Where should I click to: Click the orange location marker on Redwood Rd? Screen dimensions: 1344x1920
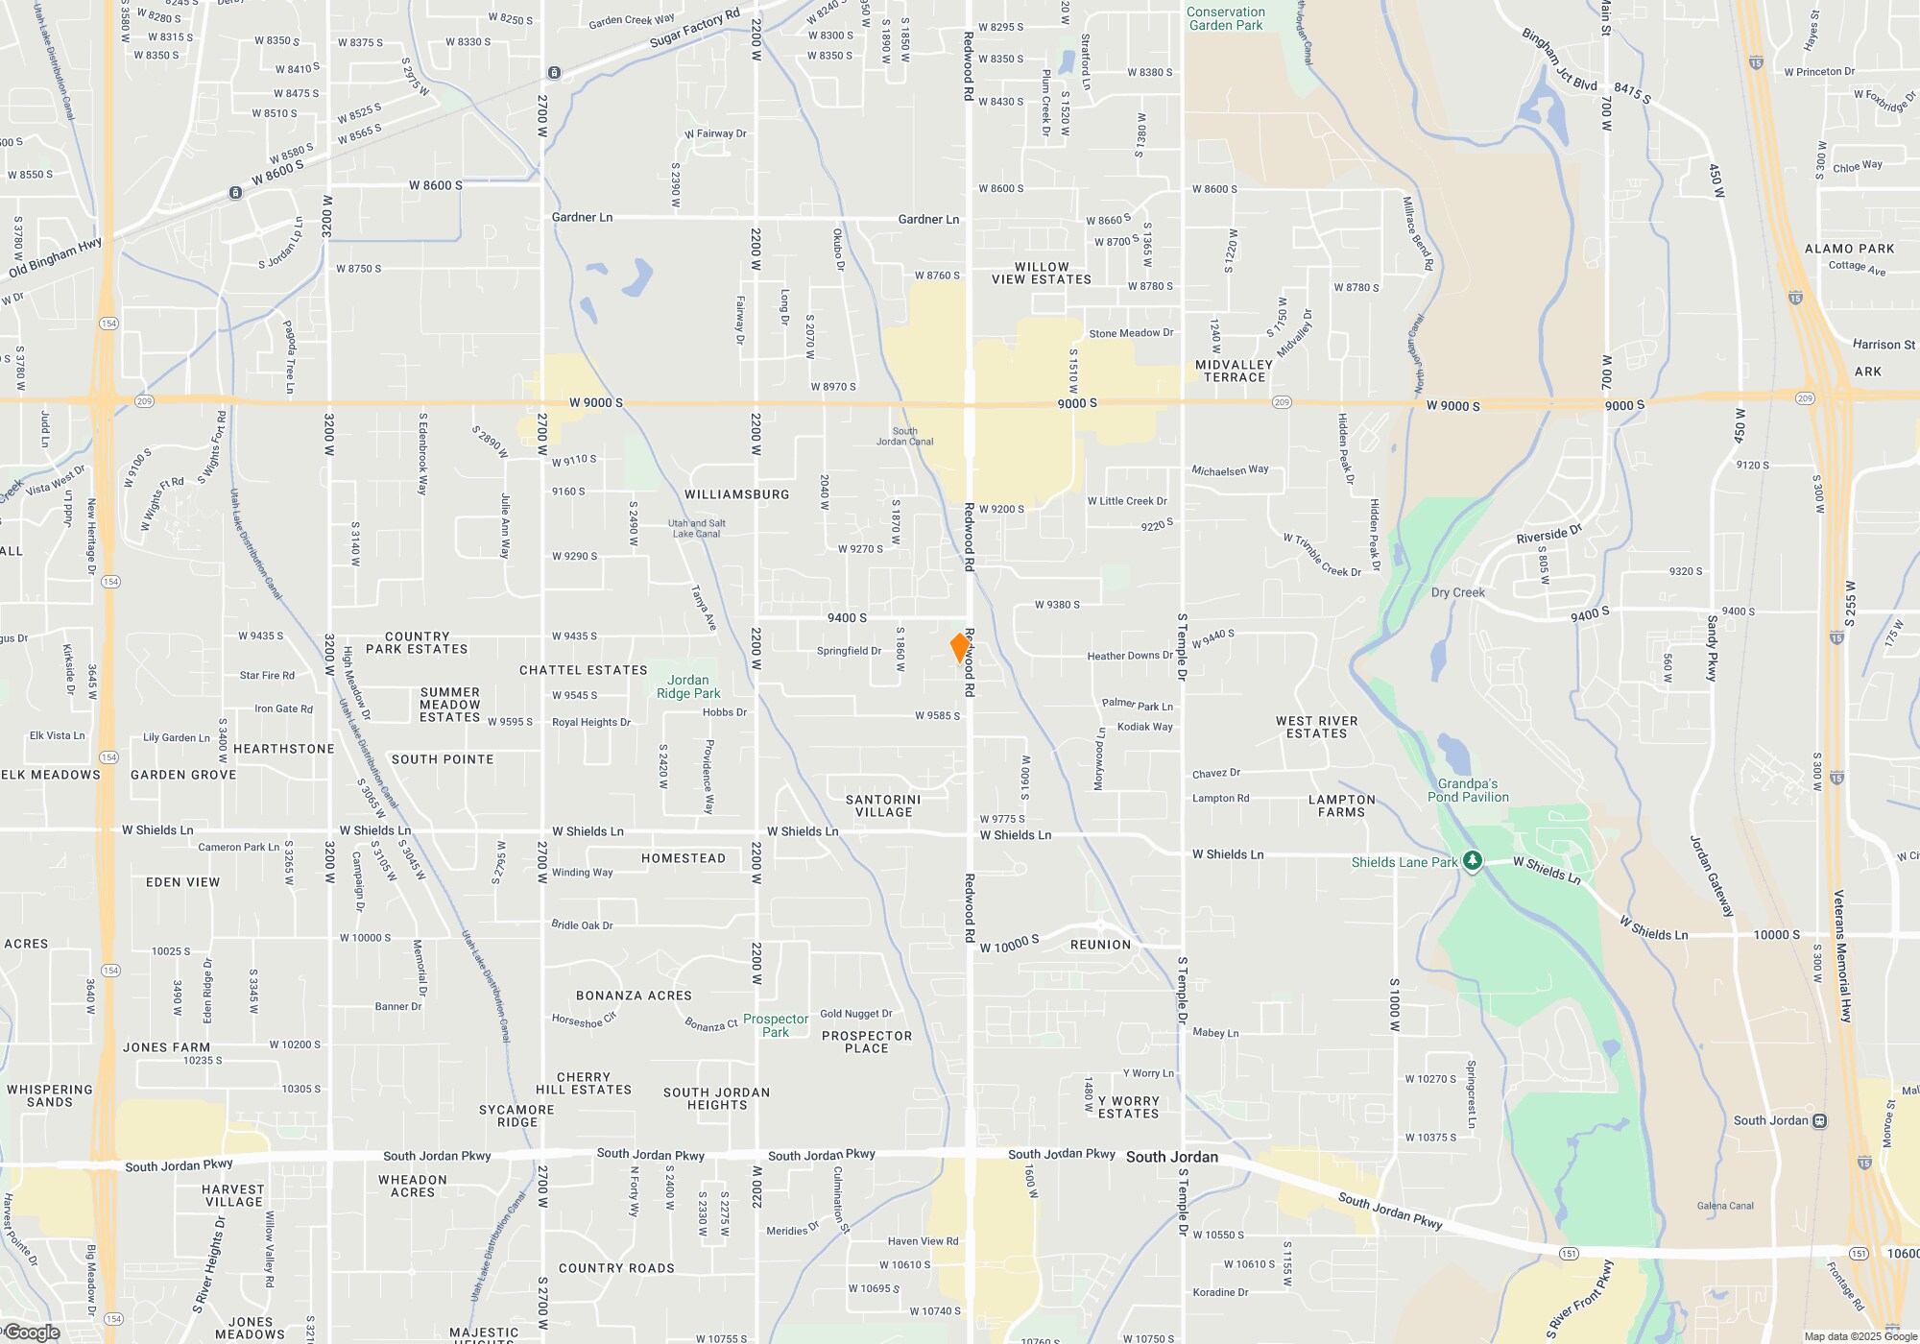(959, 647)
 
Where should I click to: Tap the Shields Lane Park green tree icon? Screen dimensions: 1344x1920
(1472, 861)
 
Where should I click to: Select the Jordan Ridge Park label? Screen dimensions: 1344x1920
(688, 686)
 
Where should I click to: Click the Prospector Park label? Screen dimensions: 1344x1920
(776, 1025)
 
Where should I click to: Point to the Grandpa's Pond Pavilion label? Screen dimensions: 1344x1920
(1468, 790)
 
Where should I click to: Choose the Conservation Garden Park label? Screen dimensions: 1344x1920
(1226, 18)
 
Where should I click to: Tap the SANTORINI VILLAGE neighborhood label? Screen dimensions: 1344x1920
(883, 805)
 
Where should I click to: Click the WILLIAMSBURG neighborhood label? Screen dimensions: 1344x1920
(737, 494)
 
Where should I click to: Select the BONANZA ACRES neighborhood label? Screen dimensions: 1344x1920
(634, 996)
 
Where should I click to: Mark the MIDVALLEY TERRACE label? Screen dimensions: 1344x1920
(1235, 371)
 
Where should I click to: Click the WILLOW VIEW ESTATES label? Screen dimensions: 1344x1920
(1042, 274)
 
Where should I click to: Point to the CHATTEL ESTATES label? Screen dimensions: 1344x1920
(584, 670)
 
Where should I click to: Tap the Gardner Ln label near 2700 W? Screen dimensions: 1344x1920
(582, 218)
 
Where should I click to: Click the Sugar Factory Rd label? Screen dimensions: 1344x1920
(695, 28)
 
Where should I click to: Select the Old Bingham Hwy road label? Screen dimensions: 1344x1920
(56, 257)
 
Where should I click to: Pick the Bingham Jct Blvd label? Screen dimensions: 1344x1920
(1560, 60)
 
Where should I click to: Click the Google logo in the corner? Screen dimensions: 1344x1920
(32, 1332)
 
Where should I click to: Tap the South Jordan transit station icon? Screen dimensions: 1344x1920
(1819, 1120)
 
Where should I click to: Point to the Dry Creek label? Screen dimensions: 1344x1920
(1457, 592)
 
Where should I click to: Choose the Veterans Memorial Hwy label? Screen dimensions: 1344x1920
(1841, 956)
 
